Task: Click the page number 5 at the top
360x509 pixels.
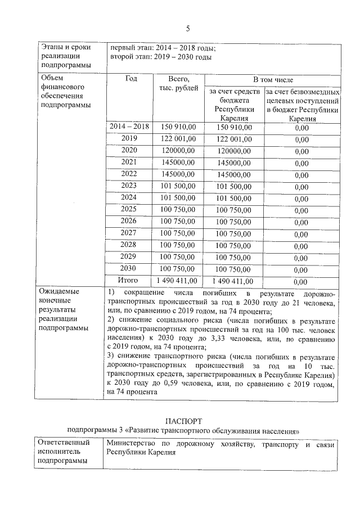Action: tap(188, 28)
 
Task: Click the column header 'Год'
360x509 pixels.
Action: tap(130, 79)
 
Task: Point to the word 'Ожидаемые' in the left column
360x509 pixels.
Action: tap(60, 292)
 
